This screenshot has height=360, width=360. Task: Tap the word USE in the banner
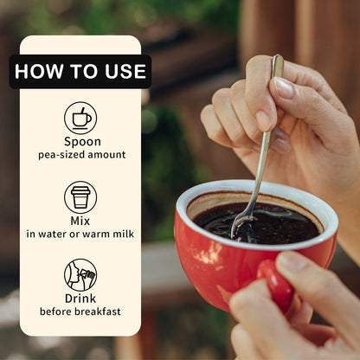(x=125, y=71)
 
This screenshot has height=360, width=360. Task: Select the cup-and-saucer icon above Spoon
(x=80, y=118)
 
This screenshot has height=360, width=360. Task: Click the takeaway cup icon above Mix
(x=80, y=197)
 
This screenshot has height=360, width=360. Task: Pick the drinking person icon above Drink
(x=80, y=275)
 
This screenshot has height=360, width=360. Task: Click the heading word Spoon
(x=82, y=142)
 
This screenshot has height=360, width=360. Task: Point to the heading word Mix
(x=80, y=221)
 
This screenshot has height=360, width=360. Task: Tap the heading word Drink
(x=80, y=299)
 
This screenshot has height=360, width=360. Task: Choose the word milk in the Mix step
(x=123, y=234)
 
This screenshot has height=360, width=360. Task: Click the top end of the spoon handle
(x=278, y=56)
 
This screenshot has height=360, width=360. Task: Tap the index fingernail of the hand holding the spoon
(x=284, y=87)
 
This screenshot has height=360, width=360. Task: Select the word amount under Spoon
(x=106, y=155)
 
